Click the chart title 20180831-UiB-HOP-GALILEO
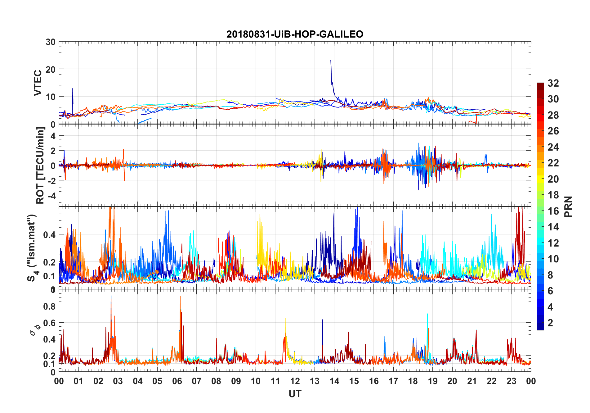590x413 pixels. pos(295,34)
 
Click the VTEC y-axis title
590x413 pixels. pos(38,83)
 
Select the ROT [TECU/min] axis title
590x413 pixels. pos(40,165)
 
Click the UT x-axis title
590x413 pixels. pos(295,394)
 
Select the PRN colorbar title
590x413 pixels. pos(568,207)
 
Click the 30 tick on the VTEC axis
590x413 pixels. pos(51,42)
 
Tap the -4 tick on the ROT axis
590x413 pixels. pos(51,196)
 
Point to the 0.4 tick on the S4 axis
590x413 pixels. pos(50,235)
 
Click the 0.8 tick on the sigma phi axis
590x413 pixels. pos(50,306)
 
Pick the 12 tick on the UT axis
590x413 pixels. pos(295,381)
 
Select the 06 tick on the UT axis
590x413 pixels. pos(177,381)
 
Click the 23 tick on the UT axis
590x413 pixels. pos(511,381)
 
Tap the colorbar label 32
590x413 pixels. pos(553,83)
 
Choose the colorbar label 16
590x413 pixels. pos(553,211)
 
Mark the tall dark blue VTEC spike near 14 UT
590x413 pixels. pos(331,61)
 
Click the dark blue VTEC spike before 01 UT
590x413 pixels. pos(73,89)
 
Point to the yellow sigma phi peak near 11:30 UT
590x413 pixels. pos(286,319)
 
